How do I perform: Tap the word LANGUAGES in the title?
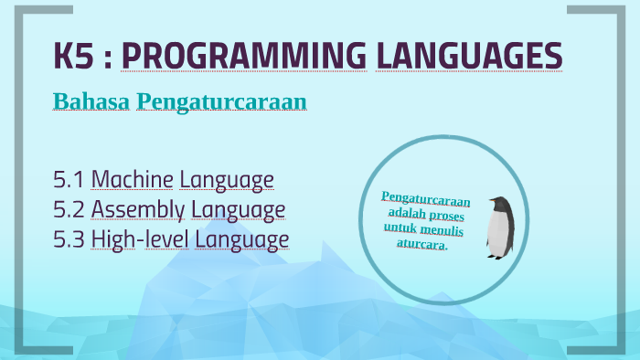tap(469, 56)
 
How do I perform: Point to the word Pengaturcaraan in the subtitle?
tap(220, 101)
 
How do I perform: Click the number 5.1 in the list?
tap(69, 179)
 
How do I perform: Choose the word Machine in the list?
tap(132, 179)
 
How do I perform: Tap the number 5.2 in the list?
tap(69, 209)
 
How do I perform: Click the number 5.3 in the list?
tap(69, 239)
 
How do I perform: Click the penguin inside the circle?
tap(498, 227)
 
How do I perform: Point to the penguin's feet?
tap(496, 255)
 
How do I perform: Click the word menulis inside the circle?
tap(443, 230)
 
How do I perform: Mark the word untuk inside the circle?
tap(400, 230)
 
